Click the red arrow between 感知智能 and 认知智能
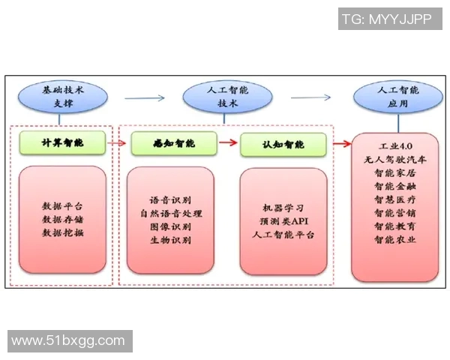[228, 142]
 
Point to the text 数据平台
[63, 205]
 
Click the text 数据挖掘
[63, 232]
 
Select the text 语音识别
[171, 200]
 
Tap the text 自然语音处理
[171, 214]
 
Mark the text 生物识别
[171, 241]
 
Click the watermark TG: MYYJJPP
[386, 19]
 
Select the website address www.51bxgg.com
[68, 341]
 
